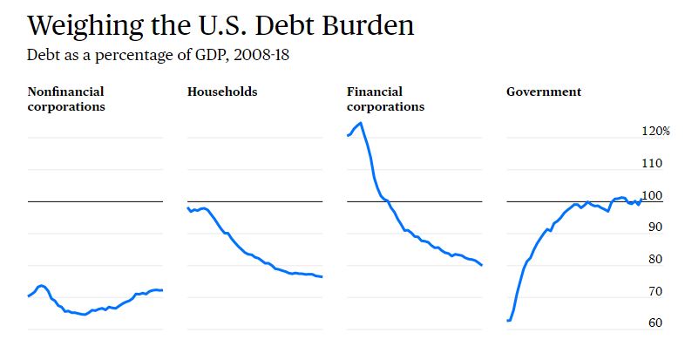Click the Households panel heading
[222, 92]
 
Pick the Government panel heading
[544, 92]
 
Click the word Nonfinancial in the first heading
[66, 92]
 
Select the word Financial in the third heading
[375, 92]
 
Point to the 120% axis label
[655, 131]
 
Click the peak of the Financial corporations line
[360, 123]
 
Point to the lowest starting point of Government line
[509, 320]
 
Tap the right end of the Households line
[322, 277]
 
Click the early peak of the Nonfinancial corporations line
[41, 285]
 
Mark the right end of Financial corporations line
[481, 265]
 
